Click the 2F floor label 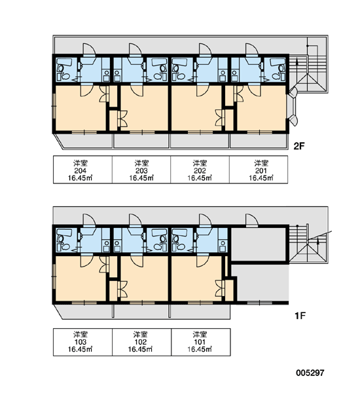point(299,146)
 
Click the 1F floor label point(300,316)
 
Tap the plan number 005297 point(310,373)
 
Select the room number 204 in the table point(80,171)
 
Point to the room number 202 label point(200,171)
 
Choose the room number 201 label point(261,171)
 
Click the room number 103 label point(81,342)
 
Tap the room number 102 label point(140,342)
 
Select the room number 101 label point(200,342)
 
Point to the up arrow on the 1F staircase point(318,241)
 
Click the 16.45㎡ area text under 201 point(261,178)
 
